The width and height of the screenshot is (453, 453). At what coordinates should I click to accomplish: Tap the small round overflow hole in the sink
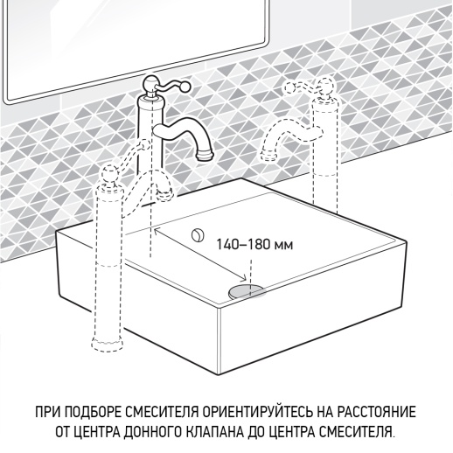(197, 233)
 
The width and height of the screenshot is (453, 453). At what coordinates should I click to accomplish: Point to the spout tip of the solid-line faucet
(206, 155)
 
